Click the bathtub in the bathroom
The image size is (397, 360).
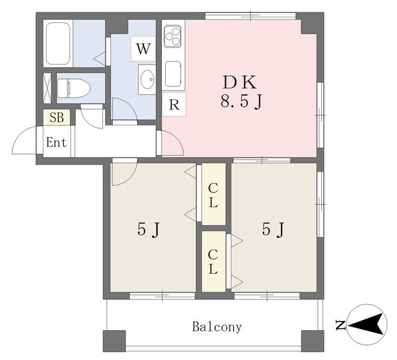tap(58, 43)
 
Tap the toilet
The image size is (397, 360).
tap(74, 88)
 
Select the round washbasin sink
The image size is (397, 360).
tap(148, 79)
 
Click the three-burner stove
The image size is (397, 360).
tap(172, 36)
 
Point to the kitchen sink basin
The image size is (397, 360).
tap(173, 74)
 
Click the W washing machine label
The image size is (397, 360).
tap(143, 48)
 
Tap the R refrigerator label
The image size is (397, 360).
tap(174, 104)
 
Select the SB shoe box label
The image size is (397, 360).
tap(56, 117)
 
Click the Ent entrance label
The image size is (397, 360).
tap(56, 142)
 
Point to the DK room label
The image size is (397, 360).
tap(239, 83)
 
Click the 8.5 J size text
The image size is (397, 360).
tap(241, 101)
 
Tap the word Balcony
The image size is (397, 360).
tap(217, 327)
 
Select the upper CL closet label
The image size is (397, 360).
tap(213, 196)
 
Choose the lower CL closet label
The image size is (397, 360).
tap(213, 262)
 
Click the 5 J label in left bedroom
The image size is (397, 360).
tap(149, 230)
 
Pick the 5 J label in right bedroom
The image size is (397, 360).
tap(274, 229)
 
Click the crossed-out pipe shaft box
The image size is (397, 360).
tap(47, 88)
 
